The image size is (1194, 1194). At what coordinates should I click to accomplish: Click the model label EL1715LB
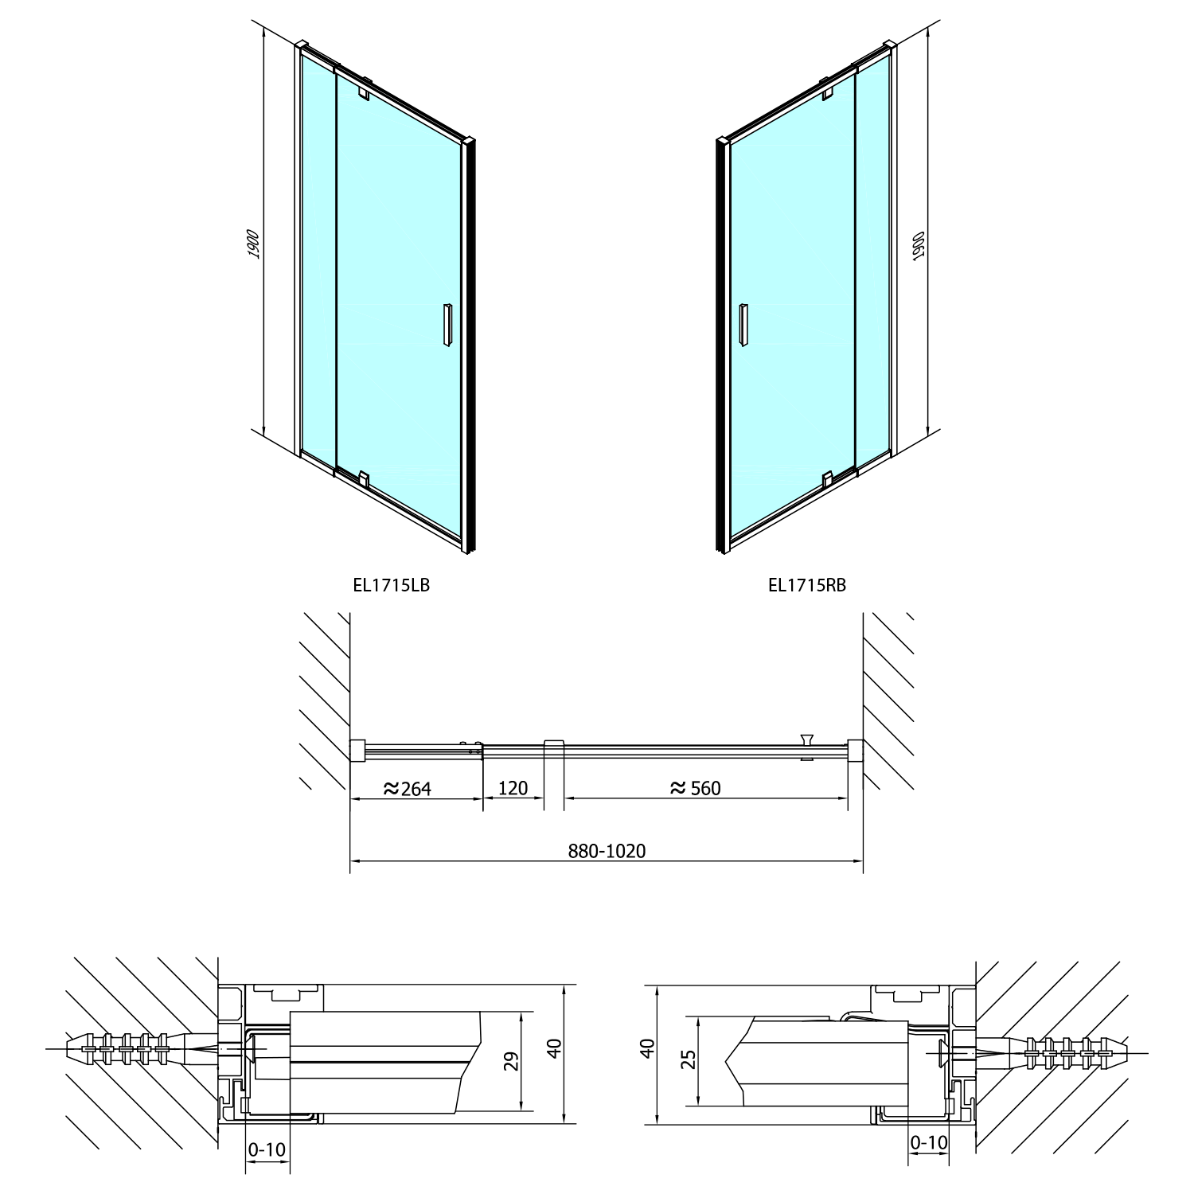pos(391,585)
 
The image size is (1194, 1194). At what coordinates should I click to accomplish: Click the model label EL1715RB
pos(807,585)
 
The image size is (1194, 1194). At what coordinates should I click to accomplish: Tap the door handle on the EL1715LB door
pos(447,324)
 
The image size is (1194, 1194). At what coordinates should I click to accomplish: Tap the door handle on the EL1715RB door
pos(743,324)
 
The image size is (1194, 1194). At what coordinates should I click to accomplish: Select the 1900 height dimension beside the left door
pos(253,244)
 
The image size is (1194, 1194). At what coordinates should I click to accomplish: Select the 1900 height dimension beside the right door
pos(918,247)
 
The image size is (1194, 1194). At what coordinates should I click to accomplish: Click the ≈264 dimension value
pos(407,788)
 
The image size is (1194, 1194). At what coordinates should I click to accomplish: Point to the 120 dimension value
pos(513,788)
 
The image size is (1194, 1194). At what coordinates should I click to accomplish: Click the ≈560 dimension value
pos(695,788)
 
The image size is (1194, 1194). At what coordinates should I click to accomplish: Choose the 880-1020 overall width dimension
pos(607,851)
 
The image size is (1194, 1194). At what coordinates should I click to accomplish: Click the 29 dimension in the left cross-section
pos(513,1061)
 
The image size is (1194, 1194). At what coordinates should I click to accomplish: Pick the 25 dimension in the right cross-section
pos(689,1059)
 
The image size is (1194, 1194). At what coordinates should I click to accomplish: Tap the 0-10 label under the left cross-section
pos(267,1149)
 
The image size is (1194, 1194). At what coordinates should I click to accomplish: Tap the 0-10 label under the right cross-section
pos(929,1143)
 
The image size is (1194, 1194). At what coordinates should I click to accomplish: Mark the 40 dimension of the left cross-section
pos(556,1047)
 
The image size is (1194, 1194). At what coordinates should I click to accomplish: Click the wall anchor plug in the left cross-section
pos(139,1049)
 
